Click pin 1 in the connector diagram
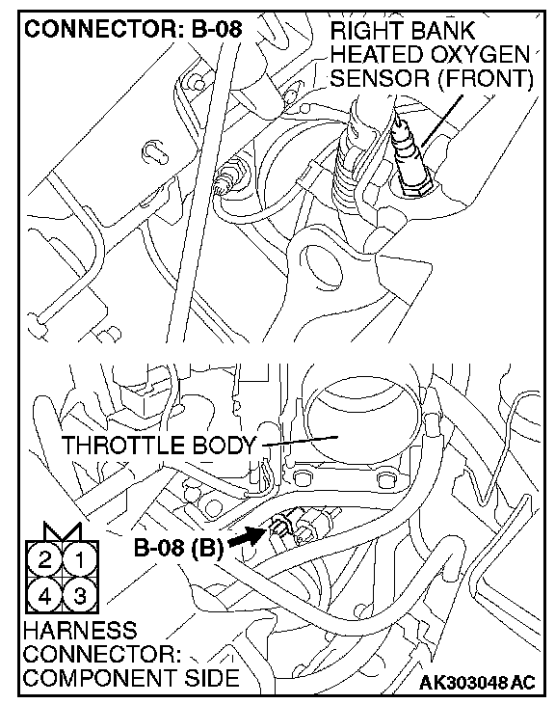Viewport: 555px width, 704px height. point(80,560)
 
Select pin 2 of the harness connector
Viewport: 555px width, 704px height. point(45,560)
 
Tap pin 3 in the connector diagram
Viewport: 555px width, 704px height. point(80,596)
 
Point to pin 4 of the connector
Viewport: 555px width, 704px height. point(45,596)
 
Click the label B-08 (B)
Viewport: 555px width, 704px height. point(178,548)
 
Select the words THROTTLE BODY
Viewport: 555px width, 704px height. point(158,446)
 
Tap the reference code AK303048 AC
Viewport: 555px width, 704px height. point(477,683)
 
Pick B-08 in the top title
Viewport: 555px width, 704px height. point(217,29)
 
